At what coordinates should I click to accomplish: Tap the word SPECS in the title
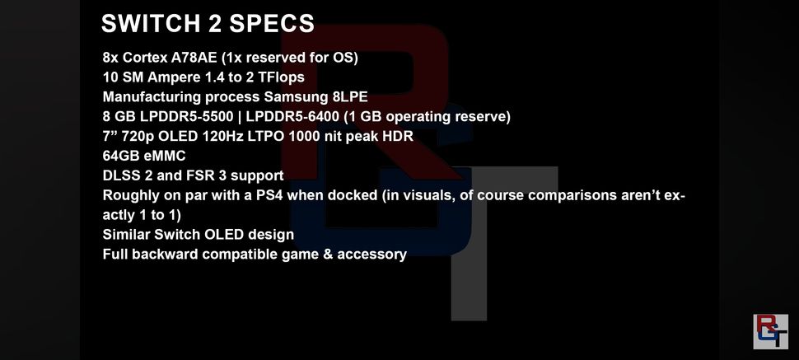(x=274, y=23)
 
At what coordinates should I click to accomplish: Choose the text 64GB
(x=121, y=156)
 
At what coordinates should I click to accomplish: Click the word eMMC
(x=165, y=156)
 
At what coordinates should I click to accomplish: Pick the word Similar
(x=128, y=235)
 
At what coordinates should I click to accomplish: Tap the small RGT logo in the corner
(x=770, y=331)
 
